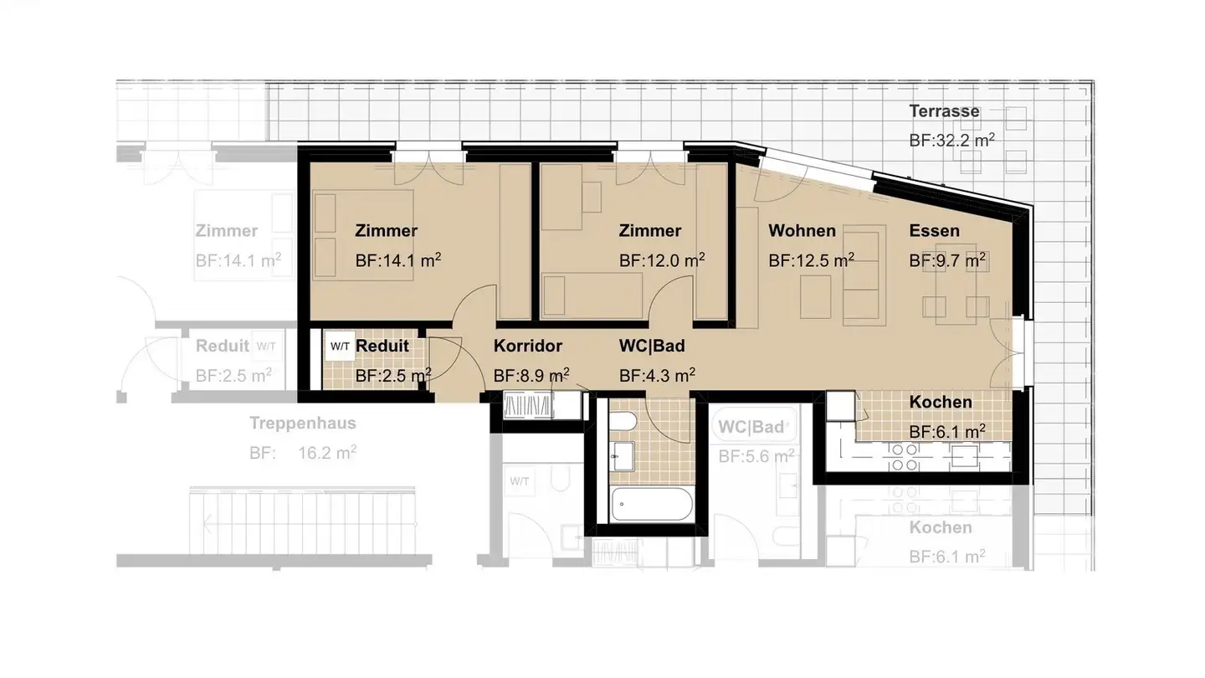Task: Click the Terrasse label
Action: coord(944,111)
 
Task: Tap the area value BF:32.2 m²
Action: coord(951,141)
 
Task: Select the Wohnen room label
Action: coord(802,231)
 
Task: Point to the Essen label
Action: coord(935,231)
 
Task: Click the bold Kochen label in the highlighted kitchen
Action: coord(941,402)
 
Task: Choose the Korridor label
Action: coord(528,346)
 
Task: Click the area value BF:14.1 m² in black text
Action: coord(398,260)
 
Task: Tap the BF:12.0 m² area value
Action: coord(662,260)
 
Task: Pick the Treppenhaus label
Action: coord(302,423)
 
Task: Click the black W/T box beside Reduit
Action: coord(340,346)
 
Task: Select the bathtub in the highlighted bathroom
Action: coord(651,504)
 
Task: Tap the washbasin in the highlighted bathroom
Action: coord(623,456)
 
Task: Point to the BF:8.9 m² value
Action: coord(531,375)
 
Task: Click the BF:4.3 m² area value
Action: coord(657,375)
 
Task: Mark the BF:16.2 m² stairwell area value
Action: coord(302,453)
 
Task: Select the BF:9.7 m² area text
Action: coord(947,260)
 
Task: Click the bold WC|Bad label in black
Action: coord(652,346)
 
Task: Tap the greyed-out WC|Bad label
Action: coord(751,427)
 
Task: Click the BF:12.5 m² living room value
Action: coord(811,260)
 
